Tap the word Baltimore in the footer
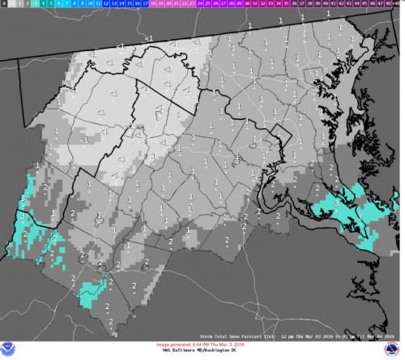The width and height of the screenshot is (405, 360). click(x=177, y=349)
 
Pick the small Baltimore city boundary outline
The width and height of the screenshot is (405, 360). click(x=310, y=78)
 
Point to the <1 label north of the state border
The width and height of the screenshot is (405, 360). click(x=147, y=38)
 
